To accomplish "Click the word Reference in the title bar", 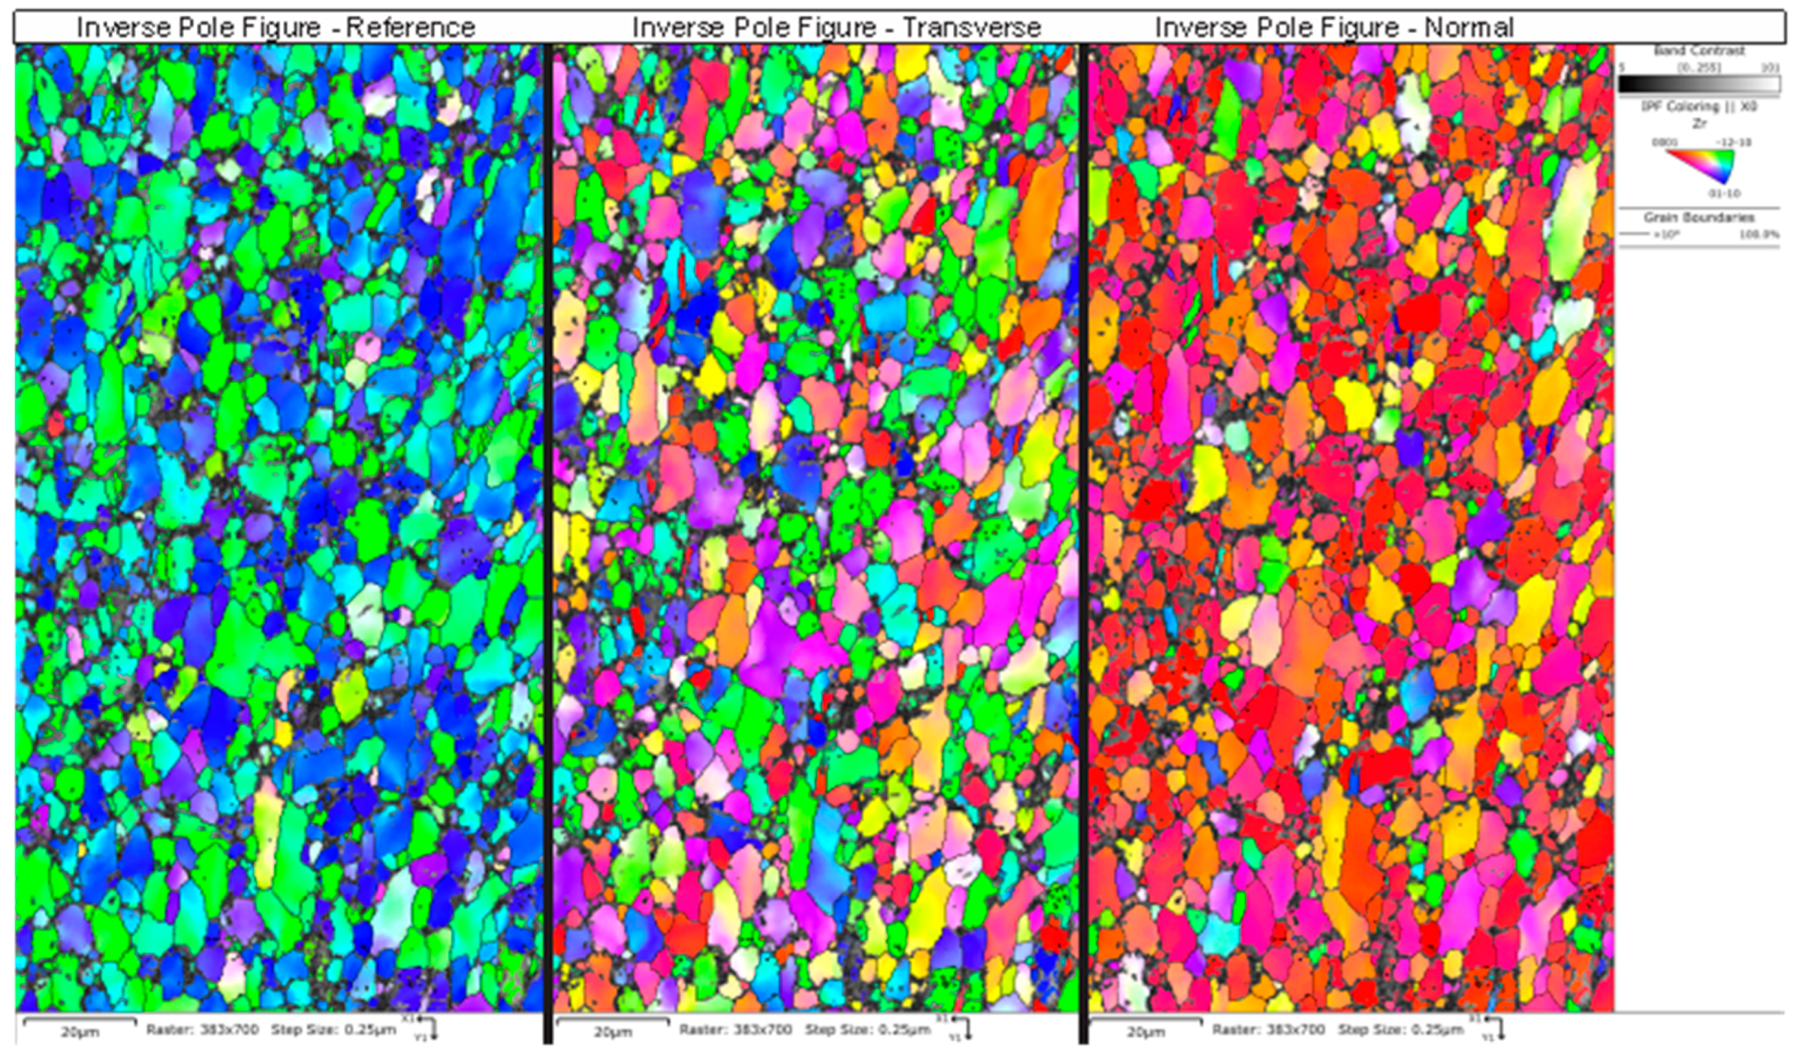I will [x=411, y=28].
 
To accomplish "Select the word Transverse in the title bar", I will [x=972, y=28].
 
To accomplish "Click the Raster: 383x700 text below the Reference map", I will [x=202, y=1030].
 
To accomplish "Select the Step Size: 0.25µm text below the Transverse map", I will [x=868, y=1030].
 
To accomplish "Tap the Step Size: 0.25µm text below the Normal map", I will [x=1400, y=1030].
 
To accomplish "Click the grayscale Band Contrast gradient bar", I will [x=1699, y=84].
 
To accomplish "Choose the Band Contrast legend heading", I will [x=1699, y=51].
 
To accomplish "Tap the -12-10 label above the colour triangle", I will [x=1733, y=143].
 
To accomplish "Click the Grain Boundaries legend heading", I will [x=1699, y=217].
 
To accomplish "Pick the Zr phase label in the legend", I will [x=1699, y=123].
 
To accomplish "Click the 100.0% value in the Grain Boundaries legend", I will [x=1758, y=233].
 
